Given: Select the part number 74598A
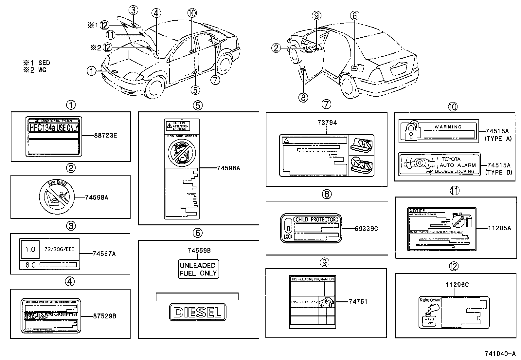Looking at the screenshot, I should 97,197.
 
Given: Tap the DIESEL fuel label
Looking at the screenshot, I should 198,312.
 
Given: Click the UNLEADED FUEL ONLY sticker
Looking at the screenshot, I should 198,269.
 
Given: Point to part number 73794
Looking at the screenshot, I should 327,123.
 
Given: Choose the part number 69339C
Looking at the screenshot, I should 366,229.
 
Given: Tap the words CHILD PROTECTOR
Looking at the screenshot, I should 315,219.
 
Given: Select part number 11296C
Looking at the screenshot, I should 457,285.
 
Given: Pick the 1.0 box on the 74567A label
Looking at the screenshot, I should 30,250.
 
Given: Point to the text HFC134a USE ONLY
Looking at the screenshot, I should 54,127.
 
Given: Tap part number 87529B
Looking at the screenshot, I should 104,316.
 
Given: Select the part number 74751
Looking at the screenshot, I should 358,302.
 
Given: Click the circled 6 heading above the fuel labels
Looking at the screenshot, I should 197,233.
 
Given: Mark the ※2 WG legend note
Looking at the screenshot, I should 34,70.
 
